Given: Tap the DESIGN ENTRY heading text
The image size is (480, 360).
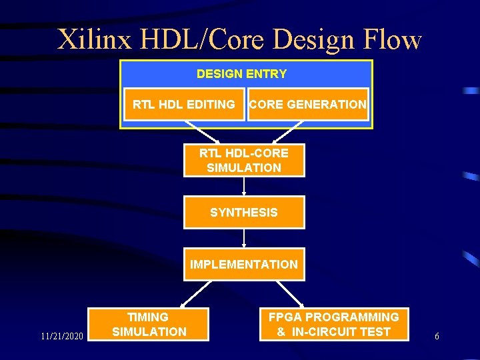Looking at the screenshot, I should click(x=241, y=74).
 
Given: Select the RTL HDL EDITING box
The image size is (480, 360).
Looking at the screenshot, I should click(x=184, y=104).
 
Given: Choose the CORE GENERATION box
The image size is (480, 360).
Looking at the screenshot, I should click(x=307, y=104).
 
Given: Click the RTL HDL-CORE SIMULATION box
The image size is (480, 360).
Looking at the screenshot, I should click(x=244, y=160).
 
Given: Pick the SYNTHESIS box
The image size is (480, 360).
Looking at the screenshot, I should click(x=244, y=213).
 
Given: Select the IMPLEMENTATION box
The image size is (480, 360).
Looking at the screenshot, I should click(x=244, y=265).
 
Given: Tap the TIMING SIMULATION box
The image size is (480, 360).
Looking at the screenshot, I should click(x=149, y=325).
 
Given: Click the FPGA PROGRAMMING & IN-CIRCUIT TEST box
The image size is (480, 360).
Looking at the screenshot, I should click(x=333, y=325).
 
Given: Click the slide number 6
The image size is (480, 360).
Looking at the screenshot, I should click(x=437, y=337).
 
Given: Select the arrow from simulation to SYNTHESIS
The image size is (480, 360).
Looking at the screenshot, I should click(x=244, y=186).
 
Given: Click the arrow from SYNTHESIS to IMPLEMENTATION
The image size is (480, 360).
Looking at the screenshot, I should click(x=244, y=239).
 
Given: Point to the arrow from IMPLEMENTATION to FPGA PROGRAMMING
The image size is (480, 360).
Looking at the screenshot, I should click(x=291, y=293).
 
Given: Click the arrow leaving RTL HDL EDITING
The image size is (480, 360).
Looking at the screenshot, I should click(x=203, y=132).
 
